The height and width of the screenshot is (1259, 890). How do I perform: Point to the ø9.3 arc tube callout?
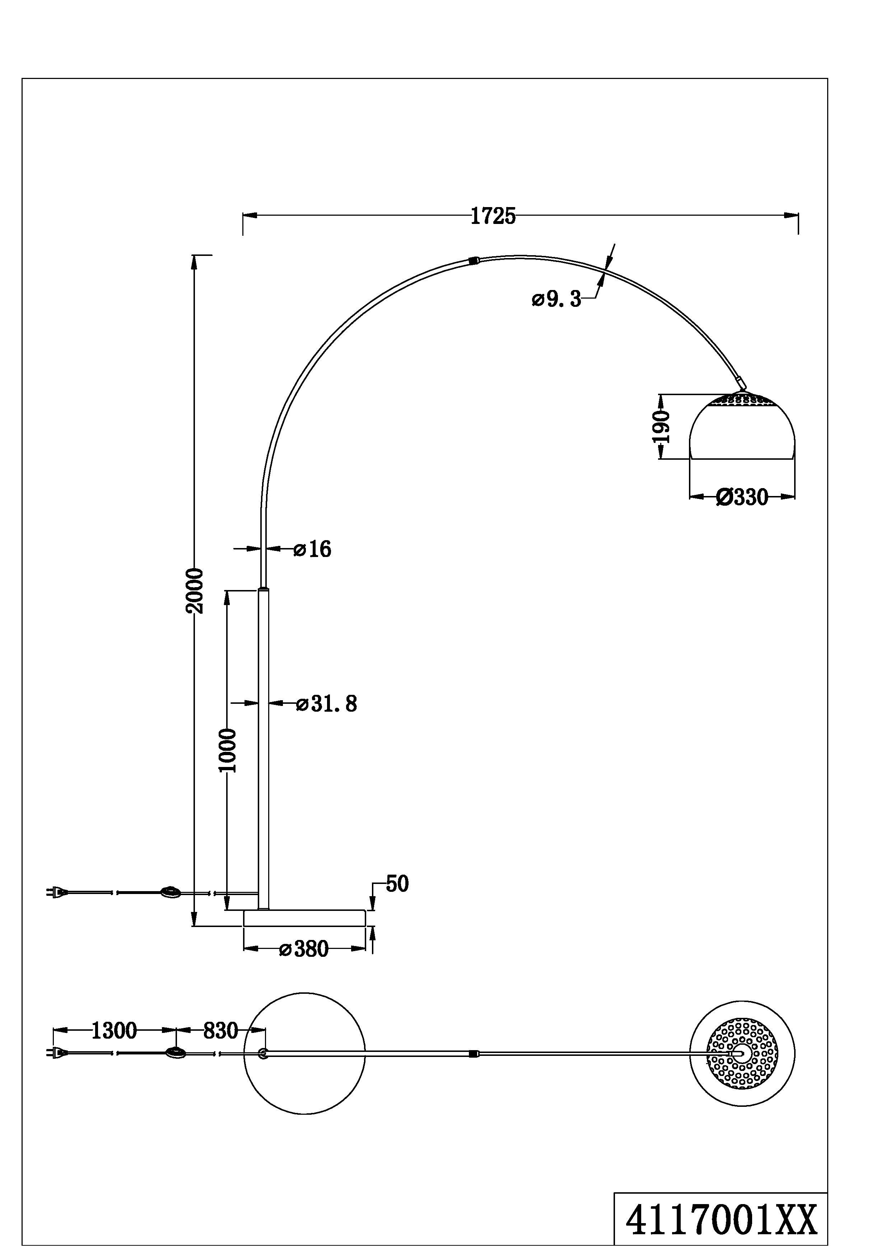556,299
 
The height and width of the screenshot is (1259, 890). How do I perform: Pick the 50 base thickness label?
397,884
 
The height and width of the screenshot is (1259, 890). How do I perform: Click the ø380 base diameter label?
303,949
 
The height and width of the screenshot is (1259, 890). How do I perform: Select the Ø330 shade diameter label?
742,497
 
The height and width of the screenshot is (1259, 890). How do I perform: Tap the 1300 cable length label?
113,1031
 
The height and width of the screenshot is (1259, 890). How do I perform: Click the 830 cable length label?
220,1031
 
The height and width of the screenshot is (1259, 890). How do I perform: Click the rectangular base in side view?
304,918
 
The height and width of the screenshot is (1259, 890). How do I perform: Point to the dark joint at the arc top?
474,261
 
